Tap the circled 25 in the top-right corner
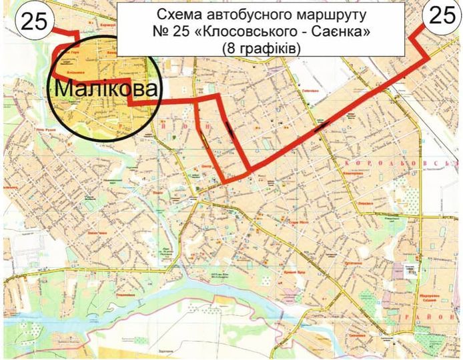point(440,16)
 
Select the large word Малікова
point(107,88)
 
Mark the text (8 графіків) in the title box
point(262,48)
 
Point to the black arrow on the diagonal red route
point(323,123)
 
